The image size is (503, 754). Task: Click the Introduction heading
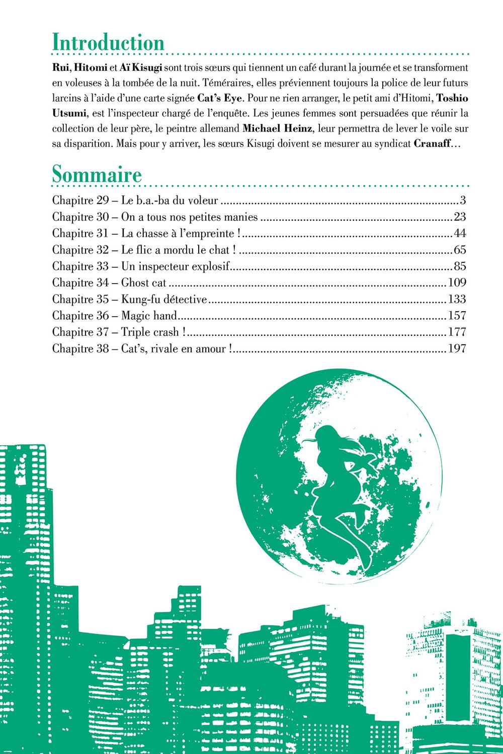coord(108,42)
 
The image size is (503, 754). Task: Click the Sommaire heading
coord(97,175)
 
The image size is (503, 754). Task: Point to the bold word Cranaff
coord(432,143)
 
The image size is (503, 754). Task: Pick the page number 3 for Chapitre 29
coord(462,201)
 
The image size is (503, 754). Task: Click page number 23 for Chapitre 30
coord(459,217)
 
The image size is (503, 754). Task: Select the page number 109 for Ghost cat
coord(456,282)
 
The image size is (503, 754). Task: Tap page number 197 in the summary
coord(456,348)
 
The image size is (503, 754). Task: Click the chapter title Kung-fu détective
coord(164,300)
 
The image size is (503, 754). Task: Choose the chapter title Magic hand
coord(149,316)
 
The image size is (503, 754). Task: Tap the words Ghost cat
coord(143,283)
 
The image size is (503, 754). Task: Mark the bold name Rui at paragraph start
coord(60,67)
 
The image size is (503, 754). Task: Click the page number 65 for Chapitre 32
coord(459,250)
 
